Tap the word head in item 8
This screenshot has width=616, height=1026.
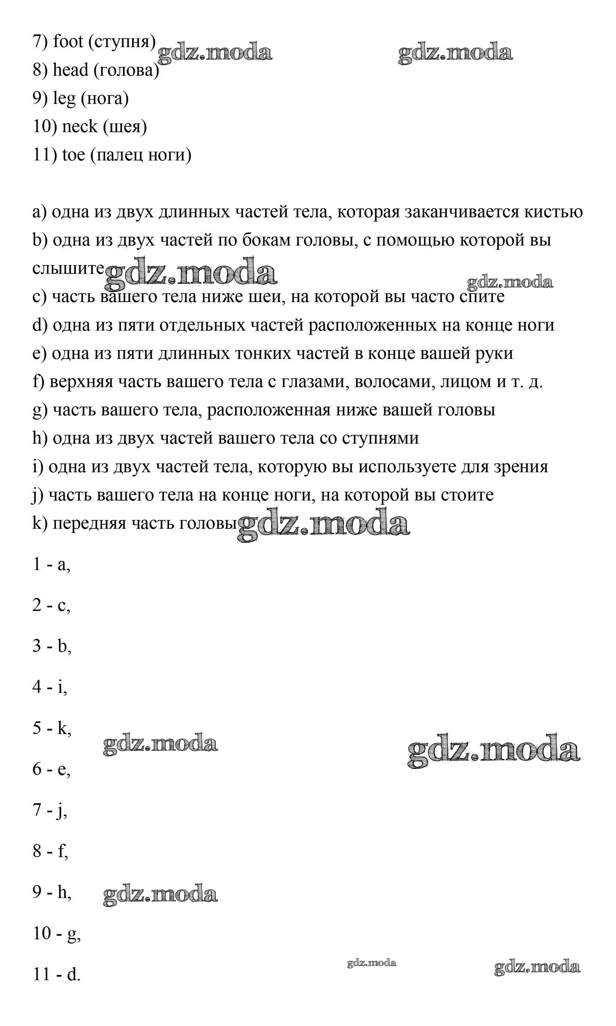(x=71, y=70)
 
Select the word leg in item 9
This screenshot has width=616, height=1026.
(x=64, y=99)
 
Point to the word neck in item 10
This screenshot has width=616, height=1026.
(x=79, y=126)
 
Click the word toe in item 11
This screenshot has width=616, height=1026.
(x=73, y=155)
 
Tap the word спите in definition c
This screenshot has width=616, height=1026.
(x=481, y=297)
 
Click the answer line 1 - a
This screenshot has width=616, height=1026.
(x=51, y=564)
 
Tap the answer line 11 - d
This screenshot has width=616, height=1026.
(x=57, y=974)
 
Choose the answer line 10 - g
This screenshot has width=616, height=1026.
(x=57, y=933)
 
